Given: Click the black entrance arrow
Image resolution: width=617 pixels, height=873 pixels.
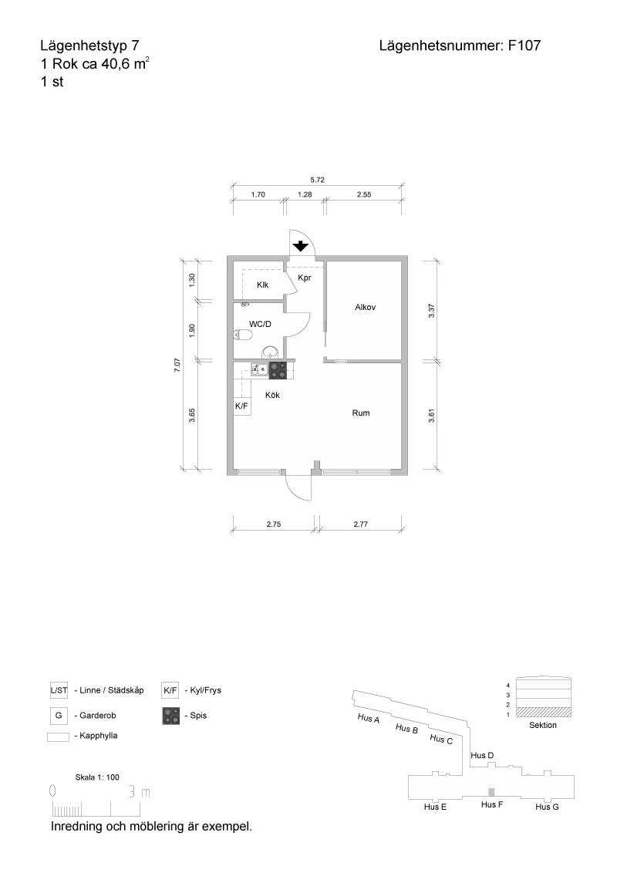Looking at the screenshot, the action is tap(301, 245).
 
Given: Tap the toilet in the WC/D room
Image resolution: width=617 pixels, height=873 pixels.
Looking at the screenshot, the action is tap(243, 334).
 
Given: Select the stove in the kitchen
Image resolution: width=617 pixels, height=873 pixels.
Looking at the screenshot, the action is tap(278, 371).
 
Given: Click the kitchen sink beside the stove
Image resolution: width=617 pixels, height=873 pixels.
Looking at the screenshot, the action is tap(259, 368).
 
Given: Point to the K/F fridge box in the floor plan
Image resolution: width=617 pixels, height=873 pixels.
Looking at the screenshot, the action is tap(241, 406).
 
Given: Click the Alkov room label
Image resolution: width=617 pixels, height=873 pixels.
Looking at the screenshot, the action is tap(366, 307).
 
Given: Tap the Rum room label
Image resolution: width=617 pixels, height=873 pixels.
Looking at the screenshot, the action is tap(361, 413).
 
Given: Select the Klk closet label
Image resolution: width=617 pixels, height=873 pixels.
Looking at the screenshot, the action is tap(262, 285).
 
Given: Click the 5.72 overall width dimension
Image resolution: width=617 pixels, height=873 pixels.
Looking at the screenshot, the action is tap(318, 180).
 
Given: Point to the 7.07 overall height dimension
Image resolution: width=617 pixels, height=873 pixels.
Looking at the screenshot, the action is tap(177, 366).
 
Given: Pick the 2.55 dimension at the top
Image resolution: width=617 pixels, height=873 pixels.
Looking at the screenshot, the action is tap(363, 194).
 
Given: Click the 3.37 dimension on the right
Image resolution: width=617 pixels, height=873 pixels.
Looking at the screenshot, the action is tap(432, 310).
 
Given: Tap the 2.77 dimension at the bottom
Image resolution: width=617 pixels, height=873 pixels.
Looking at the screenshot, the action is tap(360, 524).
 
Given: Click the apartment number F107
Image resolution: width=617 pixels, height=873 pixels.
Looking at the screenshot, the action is tap(524, 46).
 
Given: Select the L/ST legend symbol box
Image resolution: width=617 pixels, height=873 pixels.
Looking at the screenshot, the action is tap(59, 690).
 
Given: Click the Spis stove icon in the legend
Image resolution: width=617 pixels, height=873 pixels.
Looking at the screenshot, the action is tap(171, 716).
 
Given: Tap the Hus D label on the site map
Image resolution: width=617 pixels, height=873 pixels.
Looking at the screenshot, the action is tap(482, 756).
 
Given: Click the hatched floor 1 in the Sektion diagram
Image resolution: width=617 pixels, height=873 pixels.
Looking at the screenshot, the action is tap(544, 712).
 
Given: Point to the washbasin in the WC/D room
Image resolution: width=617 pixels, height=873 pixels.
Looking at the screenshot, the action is tap(271, 352).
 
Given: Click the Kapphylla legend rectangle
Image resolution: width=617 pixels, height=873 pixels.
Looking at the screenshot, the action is tap(58, 737).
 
